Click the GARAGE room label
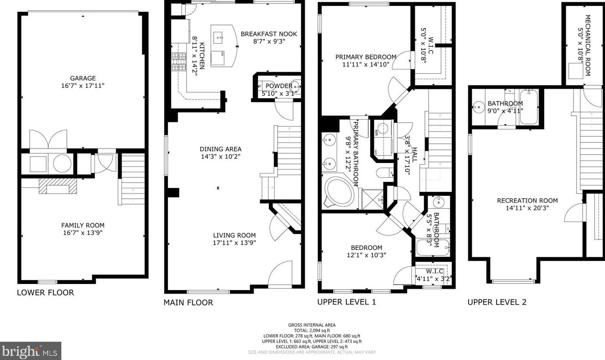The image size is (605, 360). (x=83, y=78)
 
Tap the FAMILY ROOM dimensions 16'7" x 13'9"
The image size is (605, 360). (x=83, y=233)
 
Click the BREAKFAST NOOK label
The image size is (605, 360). (x=268, y=34)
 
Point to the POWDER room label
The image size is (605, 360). (x=276, y=86)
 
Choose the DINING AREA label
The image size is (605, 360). (x=220, y=149)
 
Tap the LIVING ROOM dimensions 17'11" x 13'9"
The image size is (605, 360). (x=234, y=242)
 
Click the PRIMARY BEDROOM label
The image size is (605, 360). (x=365, y=57)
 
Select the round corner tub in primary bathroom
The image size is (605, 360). (x=340, y=191)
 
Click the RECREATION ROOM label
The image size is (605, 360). (x=527, y=201)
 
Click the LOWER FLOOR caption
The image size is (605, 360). (x=45, y=293)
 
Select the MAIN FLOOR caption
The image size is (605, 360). (x=188, y=302)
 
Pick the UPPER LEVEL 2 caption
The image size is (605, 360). (x=497, y=302)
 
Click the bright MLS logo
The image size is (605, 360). (x=30, y=351)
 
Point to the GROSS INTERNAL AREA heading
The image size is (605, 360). (x=312, y=325)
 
